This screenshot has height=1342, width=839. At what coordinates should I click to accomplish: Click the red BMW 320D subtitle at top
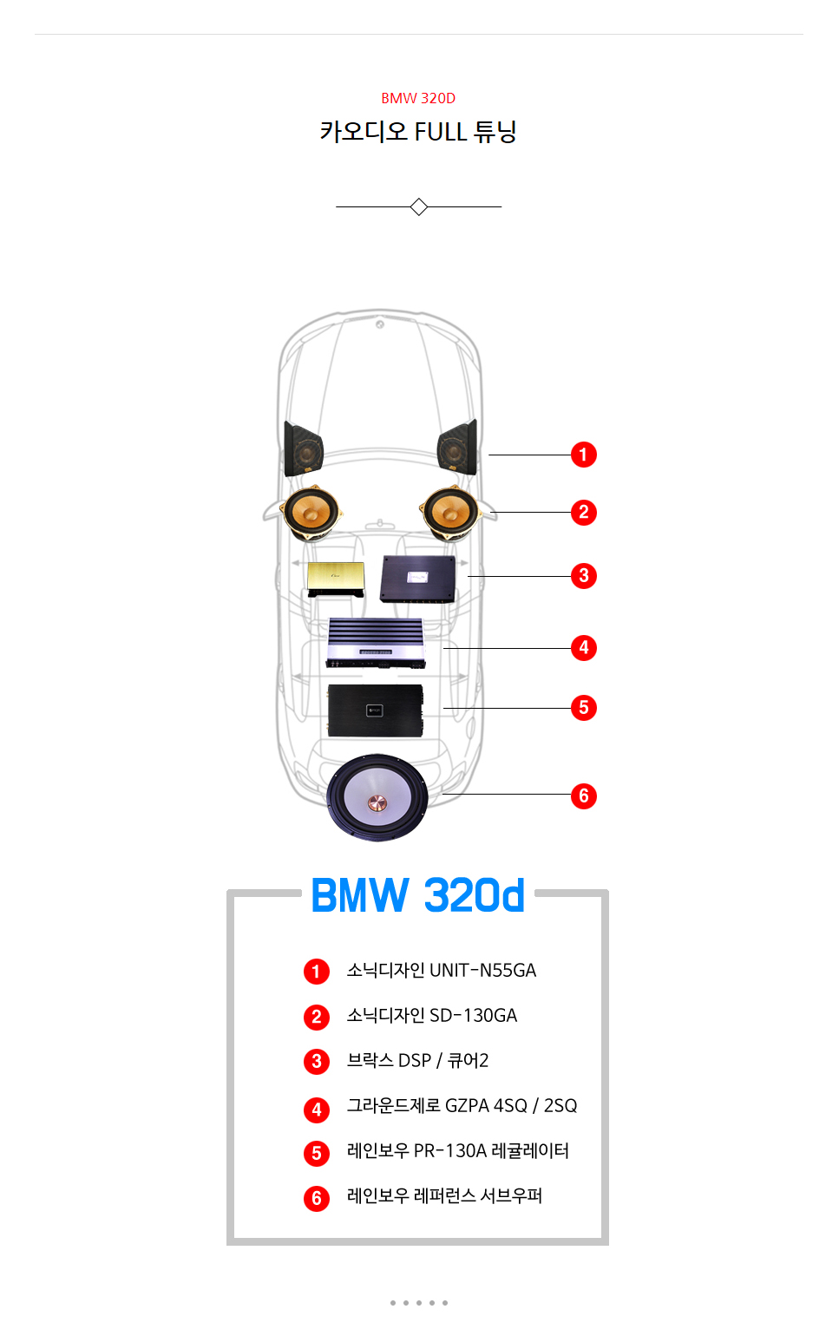pyautogui.click(x=418, y=98)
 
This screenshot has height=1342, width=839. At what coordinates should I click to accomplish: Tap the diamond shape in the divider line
pyautogui.click(x=419, y=206)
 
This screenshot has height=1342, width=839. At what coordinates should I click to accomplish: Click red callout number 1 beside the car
pyautogui.click(x=584, y=455)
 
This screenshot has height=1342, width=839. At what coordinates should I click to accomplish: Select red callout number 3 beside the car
pyautogui.click(x=584, y=575)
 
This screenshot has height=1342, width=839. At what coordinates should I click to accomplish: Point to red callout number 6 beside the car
pyautogui.click(x=584, y=795)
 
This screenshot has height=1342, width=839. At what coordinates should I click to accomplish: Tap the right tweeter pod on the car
pyautogui.click(x=457, y=448)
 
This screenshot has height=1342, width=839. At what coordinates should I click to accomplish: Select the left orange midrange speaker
pyautogui.click(x=309, y=512)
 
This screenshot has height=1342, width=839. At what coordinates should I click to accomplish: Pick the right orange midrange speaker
pyautogui.click(x=449, y=513)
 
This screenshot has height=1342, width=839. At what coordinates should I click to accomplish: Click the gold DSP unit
pyautogui.click(x=336, y=577)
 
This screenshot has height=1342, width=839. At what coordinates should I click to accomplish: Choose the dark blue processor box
pyautogui.click(x=417, y=579)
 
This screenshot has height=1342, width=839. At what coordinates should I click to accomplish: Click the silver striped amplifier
pyautogui.click(x=376, y=643)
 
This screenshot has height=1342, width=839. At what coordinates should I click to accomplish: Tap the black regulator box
pyautogui.click(x=376, y=710)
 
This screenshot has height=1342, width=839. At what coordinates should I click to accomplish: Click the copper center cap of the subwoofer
pyautogui.click(x=377, y=801)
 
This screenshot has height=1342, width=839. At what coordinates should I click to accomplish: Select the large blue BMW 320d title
pyautogui.click(x=418, y=895)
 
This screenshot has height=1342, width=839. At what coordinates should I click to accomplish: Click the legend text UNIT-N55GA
pyautogui.click(x=483, y=970)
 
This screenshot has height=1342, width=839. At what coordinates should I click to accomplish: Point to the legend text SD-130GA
pyautogui.click(x=474, y=1015)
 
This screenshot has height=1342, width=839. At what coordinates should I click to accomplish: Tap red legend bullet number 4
pyautogui.click(x=317, y=1110)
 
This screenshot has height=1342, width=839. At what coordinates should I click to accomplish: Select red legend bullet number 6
pyautogui.click(x=317, y=1199)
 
